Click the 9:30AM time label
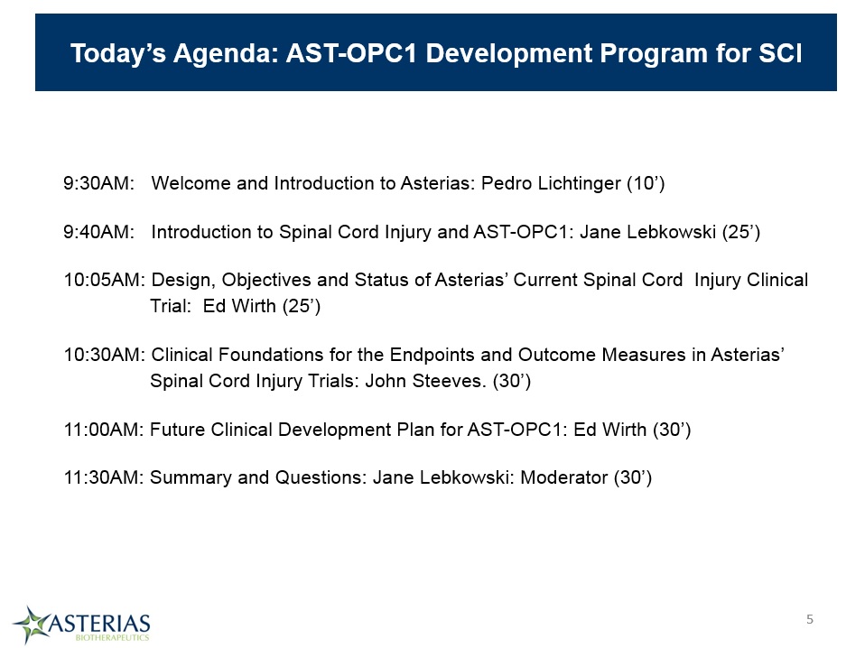click(98, 183)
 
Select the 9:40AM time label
click(98, 232)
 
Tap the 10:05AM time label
click(104, 280)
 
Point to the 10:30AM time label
click(104, 355)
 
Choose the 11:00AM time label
click(104, 430)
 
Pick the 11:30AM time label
click(104, 477)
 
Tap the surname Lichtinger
click(580, 184)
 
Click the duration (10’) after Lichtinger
click(646, 183)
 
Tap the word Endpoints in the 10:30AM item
click(432, 356)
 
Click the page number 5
click(810, 619)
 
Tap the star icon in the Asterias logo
click(32, 625)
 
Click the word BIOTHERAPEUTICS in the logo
click(112, 637)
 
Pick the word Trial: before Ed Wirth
click(171, 306)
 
